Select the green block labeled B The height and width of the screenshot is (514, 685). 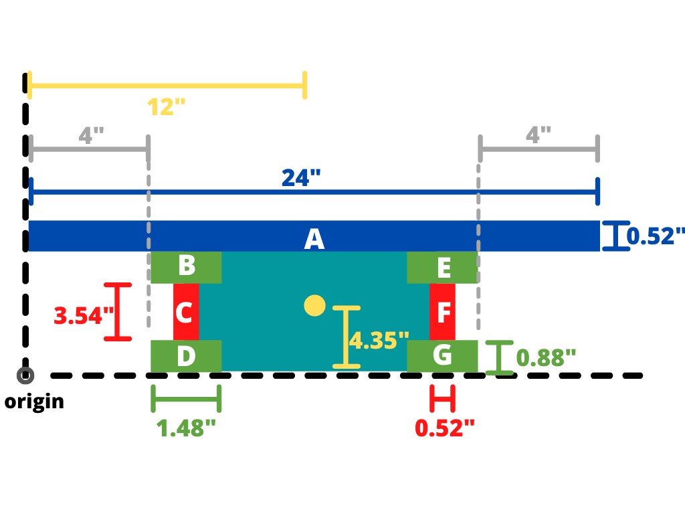point(186,267)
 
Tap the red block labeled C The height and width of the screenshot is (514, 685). point(186,311)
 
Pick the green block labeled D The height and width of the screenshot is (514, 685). point(186,355)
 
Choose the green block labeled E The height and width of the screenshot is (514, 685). point(442,267)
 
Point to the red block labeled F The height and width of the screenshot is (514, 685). point(442,311)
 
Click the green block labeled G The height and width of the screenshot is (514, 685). point(442,355)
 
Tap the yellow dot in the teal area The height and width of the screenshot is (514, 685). point(314,306)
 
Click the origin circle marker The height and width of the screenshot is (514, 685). point(26,375)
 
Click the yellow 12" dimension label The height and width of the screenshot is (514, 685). point(166,107)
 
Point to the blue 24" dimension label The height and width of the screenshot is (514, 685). point(301,178)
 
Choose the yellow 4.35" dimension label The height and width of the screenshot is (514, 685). point(379,341)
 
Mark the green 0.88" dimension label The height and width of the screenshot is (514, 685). point(546,357)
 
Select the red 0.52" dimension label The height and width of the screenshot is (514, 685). point(445,428)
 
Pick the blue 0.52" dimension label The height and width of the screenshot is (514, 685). point(656,236)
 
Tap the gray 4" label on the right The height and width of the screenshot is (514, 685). point(538,135)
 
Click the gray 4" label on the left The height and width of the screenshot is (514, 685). point(91,135)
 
